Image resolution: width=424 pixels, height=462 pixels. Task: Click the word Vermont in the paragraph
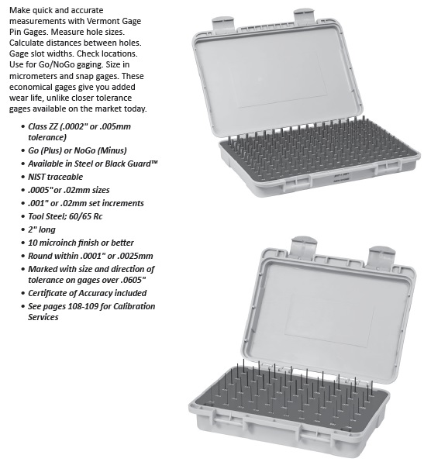[102, 21]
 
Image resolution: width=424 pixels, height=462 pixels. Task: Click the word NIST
[36, 177]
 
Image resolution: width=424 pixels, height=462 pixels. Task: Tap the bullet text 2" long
[42, 229]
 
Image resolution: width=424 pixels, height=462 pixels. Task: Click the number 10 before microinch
[32, 243]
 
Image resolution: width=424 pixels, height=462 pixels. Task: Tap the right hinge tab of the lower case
[382, 256]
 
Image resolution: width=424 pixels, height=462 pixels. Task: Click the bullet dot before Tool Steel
[22, 217]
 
